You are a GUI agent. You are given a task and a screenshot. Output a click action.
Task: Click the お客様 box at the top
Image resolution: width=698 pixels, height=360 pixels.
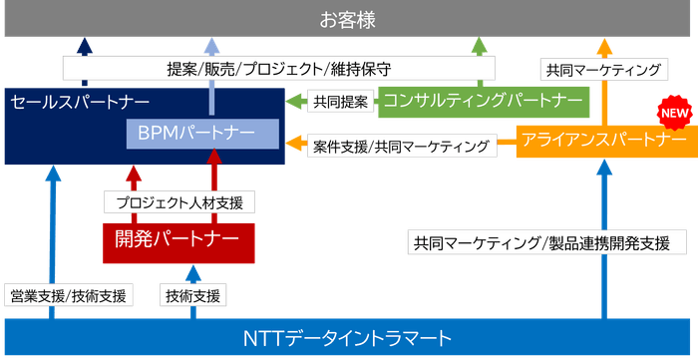pyautogui.click(x=348, y=19)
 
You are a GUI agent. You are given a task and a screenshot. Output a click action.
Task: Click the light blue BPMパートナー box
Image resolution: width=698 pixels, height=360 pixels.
pyautogui.click(x=202, y=133)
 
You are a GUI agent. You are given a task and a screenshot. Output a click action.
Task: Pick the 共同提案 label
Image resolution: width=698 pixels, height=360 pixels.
pyautogui.click(x=339, y=101)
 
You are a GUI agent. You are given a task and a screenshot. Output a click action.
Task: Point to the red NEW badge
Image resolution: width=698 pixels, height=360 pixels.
pyautogui.click(x=672, y=112)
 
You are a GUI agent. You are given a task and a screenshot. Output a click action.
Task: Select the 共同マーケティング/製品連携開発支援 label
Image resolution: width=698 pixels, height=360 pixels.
pyautogui.click(x=549, y=242)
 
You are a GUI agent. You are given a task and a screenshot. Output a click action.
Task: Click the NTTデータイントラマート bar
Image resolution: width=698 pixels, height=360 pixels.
pyautogui.click(x=348, y=337)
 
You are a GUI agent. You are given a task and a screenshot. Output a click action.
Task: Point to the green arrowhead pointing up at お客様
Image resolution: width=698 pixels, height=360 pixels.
pyautogui.click(x=480, y=45)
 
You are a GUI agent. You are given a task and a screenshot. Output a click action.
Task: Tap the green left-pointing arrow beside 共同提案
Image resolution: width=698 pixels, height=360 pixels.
pyautogui.click(x=295, y=101)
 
